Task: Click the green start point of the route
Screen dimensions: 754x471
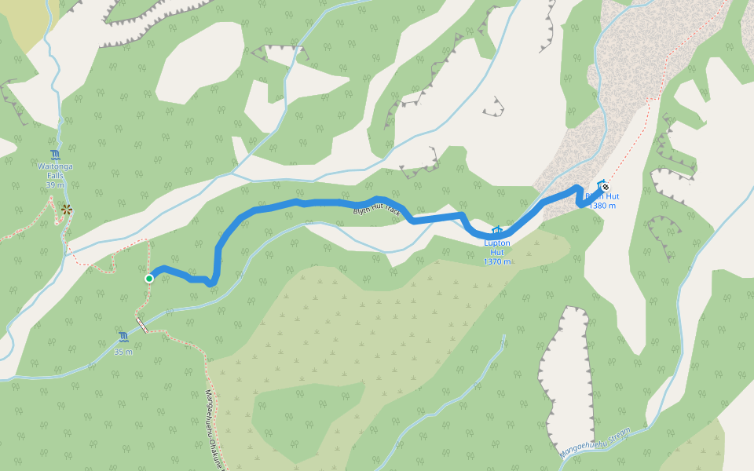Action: coord(149,278)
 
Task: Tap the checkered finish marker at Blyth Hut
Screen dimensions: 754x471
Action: coord(605,187)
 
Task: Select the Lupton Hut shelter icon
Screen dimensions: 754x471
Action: coord(496,231)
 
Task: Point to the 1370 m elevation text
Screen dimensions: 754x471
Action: coord(496,261)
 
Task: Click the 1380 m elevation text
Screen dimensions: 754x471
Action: coord(602,206)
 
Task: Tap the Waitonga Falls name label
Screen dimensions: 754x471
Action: coord(55,171)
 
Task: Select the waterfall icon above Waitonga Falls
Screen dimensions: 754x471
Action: coord(55,154)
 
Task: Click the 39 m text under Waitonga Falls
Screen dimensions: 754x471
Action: coord(55,185)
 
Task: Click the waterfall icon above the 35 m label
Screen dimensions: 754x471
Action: coord(123,338)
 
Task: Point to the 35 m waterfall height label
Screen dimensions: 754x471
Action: coord(123,352)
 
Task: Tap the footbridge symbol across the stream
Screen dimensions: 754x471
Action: coord(142,325)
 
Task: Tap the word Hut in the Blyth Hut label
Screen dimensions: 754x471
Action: coord(611,196)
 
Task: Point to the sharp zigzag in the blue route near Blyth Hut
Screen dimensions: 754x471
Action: coord(580,196)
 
